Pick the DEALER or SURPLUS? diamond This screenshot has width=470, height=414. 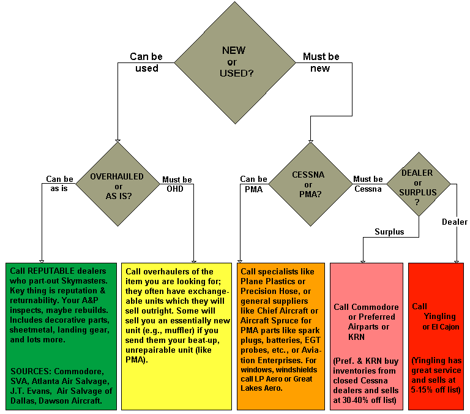(420, 184)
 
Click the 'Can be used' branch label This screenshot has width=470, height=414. (144, 62)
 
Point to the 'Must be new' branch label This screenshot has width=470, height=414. (321, 62)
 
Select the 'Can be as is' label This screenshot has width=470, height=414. (60, 184)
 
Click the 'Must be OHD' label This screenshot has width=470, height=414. (176, 184)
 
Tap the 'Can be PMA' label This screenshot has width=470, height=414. (253, 184)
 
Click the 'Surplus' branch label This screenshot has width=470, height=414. (389, 231)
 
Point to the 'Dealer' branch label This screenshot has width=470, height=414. (454, 222)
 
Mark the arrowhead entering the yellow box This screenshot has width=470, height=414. (194, 261)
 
